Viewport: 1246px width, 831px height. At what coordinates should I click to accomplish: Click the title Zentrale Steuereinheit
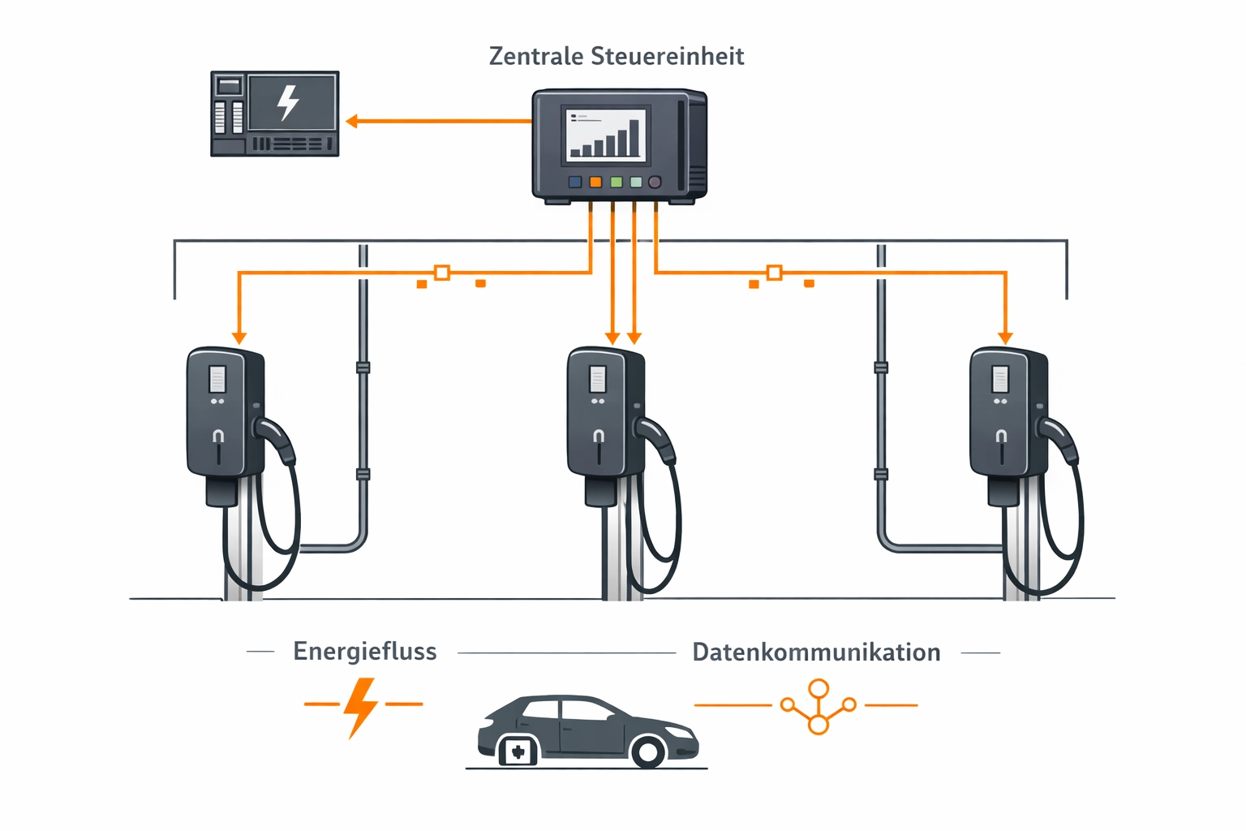coord(617,56)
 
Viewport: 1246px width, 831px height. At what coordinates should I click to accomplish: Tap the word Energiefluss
coord(365,652)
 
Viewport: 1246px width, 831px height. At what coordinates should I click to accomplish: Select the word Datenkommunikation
coord(816,652)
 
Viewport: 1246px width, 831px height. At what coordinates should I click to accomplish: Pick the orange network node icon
coord(818,706)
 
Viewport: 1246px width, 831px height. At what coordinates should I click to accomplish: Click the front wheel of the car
coord(648,751)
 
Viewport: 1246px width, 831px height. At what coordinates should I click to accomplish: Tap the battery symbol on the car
coord(517,751)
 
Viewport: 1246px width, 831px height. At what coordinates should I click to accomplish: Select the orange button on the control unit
coord(595,182)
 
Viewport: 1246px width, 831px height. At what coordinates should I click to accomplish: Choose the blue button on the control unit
coord(575,182)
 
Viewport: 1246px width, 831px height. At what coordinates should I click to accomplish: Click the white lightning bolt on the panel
coord(288,102)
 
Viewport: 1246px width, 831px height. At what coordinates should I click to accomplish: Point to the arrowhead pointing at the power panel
coord(352,122)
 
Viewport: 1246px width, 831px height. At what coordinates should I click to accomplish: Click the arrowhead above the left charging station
coord(238,338)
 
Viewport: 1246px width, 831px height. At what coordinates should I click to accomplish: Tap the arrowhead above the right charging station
coord(1005,338)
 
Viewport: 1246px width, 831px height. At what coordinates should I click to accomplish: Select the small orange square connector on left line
coord(442,273)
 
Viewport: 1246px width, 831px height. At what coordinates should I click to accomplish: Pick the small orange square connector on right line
coord(775,273)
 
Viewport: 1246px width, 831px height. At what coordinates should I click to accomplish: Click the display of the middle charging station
coord(598,379)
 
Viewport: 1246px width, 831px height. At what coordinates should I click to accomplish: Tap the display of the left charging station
coord(217,379)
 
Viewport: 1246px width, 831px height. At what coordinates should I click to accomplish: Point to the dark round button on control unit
coord(655,182)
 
